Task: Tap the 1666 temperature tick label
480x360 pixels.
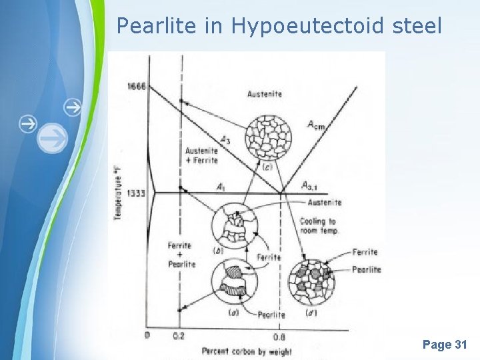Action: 136,87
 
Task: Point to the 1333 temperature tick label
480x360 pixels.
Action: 136,193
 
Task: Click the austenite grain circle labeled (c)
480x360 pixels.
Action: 269,137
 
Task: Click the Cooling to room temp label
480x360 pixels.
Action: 318,226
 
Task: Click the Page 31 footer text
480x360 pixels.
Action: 445,345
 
